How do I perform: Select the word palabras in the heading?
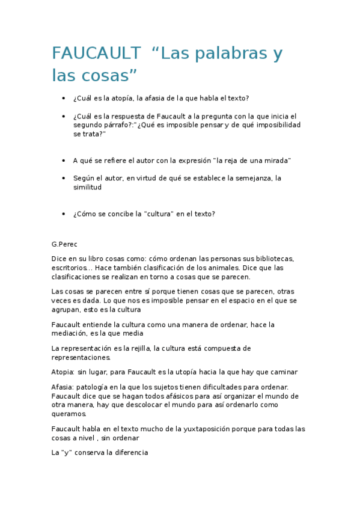click(230, 54)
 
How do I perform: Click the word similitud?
click(87, 187)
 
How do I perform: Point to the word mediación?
click(71, 333)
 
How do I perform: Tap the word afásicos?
click(173, 396)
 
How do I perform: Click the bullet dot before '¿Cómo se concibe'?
click(63, 214)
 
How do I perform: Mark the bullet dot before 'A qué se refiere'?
click(63, 161)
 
